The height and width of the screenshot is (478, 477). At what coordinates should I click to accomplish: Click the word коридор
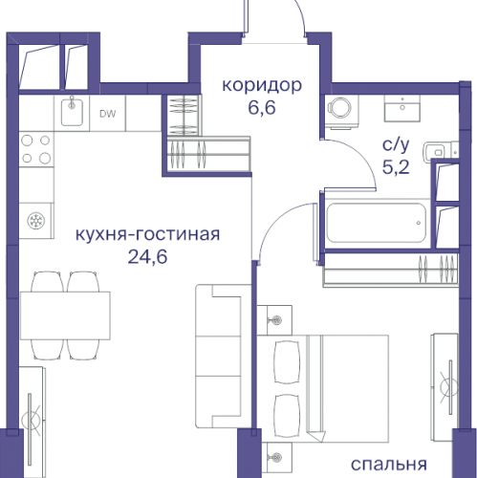click(262, 85)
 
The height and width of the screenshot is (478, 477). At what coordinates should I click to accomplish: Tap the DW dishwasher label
click(108, 114)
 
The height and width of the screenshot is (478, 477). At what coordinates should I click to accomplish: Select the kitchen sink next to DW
click(70, 113)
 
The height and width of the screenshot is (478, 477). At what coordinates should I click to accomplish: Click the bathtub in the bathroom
click(373, 224)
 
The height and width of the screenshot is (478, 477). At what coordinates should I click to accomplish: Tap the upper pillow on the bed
click(288, 359)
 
